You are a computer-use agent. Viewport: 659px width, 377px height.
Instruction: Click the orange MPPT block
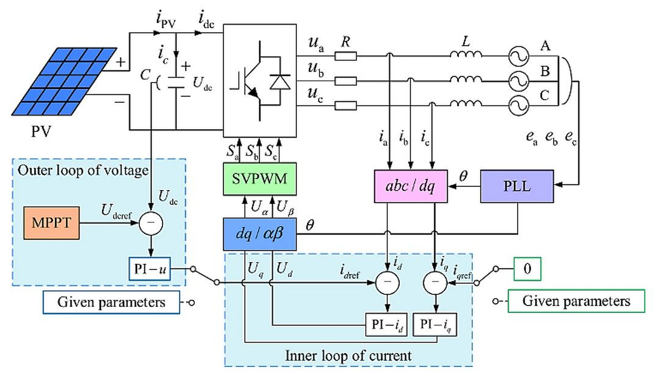(52, 223)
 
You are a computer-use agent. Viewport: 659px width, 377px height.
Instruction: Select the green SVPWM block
(260, 179)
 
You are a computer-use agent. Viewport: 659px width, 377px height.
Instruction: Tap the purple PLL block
(517, 186)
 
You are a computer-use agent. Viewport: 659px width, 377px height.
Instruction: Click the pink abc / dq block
(411, 186)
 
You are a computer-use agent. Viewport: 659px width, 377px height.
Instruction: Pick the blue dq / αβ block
(260, 234)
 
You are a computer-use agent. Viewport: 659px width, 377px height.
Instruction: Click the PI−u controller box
(149, 269)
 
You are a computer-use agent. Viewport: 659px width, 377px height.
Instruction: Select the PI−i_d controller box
(386, 325)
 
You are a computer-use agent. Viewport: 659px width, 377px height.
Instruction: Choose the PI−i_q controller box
(435, 325)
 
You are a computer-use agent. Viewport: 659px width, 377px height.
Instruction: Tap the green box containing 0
(527, 269)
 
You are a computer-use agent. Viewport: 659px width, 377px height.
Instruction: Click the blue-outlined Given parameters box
(111, 302)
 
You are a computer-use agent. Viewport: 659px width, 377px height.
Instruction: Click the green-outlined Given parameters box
(576, 301)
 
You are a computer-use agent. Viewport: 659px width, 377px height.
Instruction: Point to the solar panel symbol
(64, 81)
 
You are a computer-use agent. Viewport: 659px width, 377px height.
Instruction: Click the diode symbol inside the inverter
(280, 82)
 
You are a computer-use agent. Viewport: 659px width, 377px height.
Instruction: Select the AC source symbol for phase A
(518, 56)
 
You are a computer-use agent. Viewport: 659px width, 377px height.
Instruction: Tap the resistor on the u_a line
(345, 56)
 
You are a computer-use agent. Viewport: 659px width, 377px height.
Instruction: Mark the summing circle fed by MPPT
(151, 223)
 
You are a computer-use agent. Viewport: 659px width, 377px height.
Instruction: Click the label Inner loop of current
(348, 356)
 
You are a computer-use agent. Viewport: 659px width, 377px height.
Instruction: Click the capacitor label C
(146, 74)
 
